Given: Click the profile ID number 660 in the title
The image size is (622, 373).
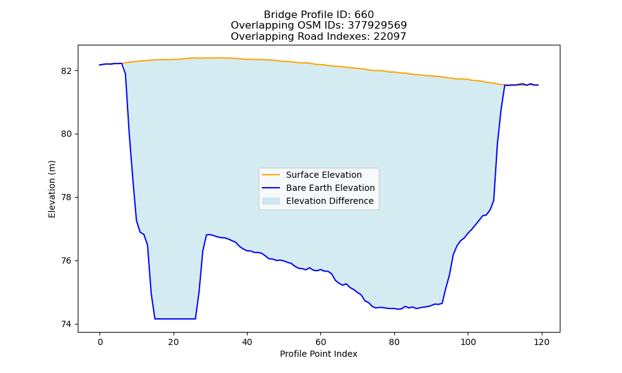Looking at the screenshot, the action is coord(364,15).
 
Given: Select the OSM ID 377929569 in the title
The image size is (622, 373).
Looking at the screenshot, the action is coord(378,25).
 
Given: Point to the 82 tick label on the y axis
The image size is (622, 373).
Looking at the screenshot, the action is coord(67,71).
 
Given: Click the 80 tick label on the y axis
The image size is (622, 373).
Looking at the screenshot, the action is coord(67,134).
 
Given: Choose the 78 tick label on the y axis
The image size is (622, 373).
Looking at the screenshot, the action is coord(67,198).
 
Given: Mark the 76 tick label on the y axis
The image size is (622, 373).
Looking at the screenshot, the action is coord(67,261).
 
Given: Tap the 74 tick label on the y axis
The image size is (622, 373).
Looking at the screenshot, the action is coord(67,325).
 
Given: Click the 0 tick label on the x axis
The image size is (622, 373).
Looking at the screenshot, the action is coord(100,342).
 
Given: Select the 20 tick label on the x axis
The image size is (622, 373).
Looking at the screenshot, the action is coord(174,342).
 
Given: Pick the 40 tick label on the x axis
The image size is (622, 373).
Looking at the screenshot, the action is coord(247,342).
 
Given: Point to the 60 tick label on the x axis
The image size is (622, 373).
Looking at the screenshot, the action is coord(321,342).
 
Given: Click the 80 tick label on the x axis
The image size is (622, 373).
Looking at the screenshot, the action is coord(394,342).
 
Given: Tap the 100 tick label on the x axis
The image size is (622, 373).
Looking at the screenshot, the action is coord(468,342).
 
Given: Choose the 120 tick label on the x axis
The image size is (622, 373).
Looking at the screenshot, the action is coord(542,342).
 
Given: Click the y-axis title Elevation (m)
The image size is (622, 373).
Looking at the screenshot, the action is coord(52,189).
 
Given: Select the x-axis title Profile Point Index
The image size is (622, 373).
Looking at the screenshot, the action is coord(318,354).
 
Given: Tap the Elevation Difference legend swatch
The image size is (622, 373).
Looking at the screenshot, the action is coord(271,201).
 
